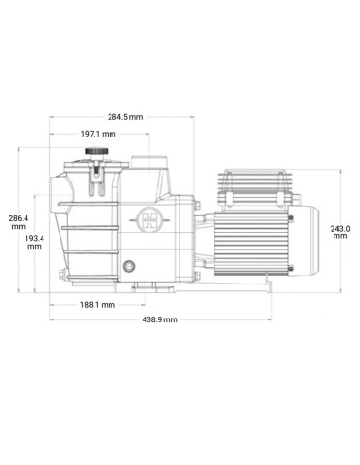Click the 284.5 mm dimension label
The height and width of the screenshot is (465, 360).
coord(125,117)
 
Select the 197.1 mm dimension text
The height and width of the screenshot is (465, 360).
coord(97,134)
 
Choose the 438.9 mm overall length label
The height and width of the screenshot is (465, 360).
coord(160,320)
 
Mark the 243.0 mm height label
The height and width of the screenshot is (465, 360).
coord(341,232)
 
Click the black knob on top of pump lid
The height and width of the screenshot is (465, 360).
coord(94,152)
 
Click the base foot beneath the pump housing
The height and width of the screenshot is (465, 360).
coord(142,284)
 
